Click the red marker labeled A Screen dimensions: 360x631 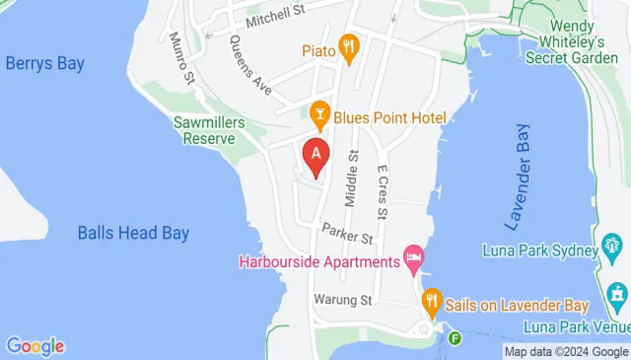[x=315, y=156]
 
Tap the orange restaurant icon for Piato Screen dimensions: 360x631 [x=347, y=45]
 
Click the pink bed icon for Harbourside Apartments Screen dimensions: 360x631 [x=413, y=260]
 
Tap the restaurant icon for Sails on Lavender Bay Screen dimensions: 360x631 [x=431, y=301]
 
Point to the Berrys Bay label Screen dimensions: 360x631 [x=44, y=64]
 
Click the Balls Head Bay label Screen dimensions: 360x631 [x=133, y=234]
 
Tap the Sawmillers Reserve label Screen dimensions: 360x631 [x=203, y=130]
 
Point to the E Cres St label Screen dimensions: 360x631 [x=384, y=193]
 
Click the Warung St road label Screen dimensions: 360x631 [x=341, y=299]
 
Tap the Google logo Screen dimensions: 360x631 [x=35, y=346]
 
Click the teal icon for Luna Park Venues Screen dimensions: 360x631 [x=618, y=294]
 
